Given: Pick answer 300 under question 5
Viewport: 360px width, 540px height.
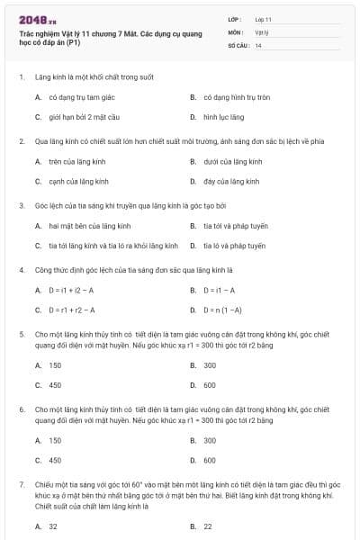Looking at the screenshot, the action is click(210, 365).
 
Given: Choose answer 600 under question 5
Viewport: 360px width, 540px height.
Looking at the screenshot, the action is click(210, 385).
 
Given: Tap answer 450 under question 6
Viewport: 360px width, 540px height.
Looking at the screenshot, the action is click(55, 460).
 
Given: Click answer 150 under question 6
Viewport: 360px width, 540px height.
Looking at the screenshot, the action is click(55, 440).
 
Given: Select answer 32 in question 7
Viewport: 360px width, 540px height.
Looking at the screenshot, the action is click(53, 526).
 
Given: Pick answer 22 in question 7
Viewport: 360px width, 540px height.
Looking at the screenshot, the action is click(208, 526).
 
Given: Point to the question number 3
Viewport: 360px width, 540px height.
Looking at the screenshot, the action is click(21, 205).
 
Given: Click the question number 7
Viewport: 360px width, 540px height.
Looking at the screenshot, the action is click(21, 484).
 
